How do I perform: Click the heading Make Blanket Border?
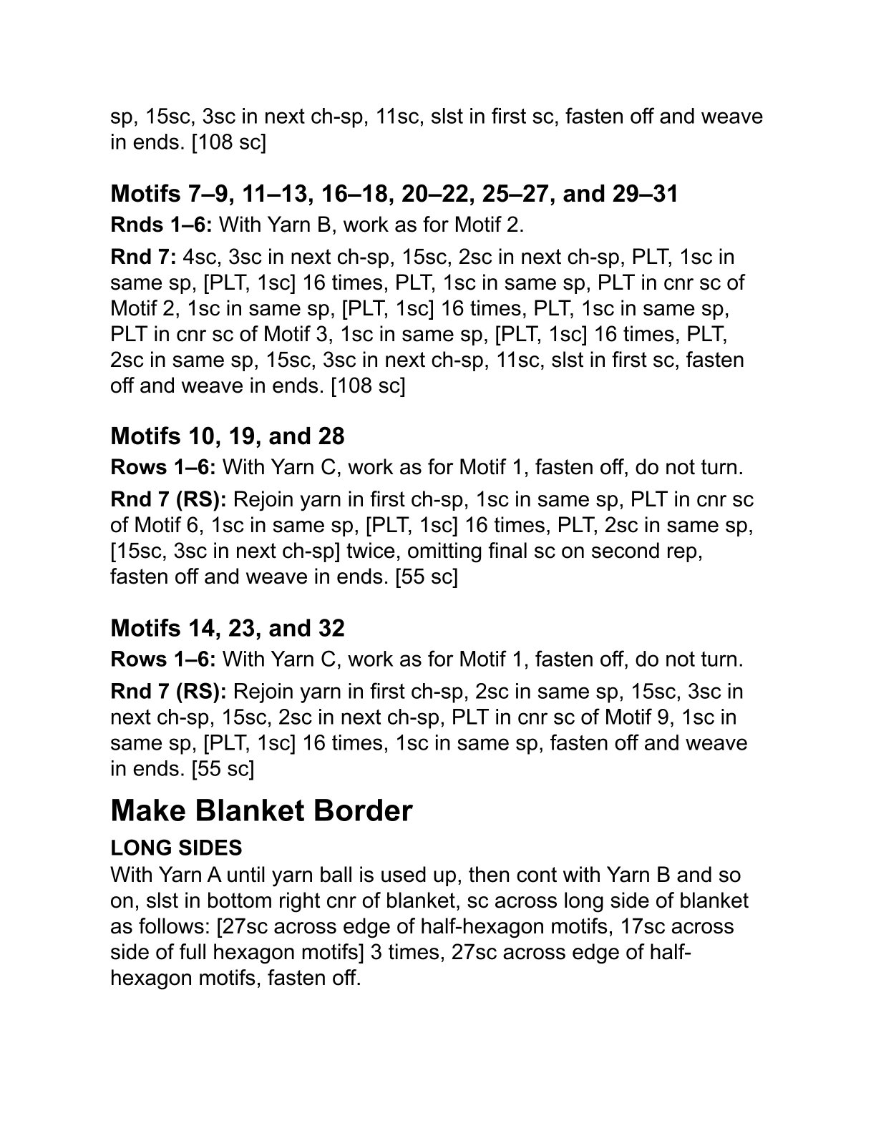pos(261,811)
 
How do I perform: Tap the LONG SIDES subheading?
pos(176,848)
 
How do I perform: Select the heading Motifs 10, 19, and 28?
pos(228,436)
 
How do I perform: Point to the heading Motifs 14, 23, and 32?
pos(228,628)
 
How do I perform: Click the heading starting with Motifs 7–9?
pos(394,194)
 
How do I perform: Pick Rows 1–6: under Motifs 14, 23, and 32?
pos(164,659)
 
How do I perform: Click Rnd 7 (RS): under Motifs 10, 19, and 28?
pos(169,499)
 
